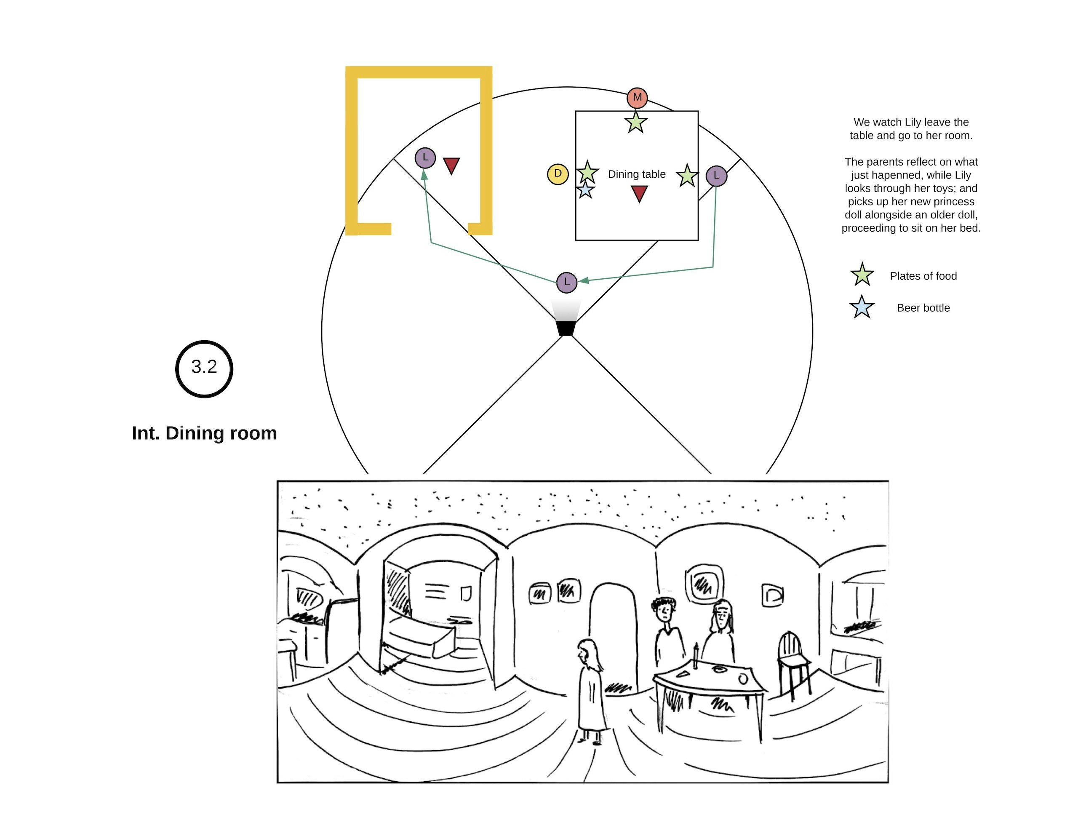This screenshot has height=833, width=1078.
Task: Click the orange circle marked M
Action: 637,98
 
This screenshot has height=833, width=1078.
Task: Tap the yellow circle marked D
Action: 558,174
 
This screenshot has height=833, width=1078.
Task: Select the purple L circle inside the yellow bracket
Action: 425,158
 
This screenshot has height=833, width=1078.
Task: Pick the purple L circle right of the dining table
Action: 716,176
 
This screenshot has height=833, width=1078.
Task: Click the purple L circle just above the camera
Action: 567,283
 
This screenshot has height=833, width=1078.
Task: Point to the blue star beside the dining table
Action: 585,190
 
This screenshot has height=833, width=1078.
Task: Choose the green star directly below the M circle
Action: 636,123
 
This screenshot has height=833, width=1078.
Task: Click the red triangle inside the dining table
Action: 639,193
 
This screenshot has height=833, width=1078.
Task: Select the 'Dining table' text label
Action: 637,174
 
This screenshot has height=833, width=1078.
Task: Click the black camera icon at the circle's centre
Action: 566,328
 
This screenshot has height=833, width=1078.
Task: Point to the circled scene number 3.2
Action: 204,368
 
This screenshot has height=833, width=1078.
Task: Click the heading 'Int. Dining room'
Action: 204,433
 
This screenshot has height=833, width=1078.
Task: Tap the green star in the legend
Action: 862,275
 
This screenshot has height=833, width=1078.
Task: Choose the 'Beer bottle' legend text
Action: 923,308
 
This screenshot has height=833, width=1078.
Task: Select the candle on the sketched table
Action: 696,655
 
